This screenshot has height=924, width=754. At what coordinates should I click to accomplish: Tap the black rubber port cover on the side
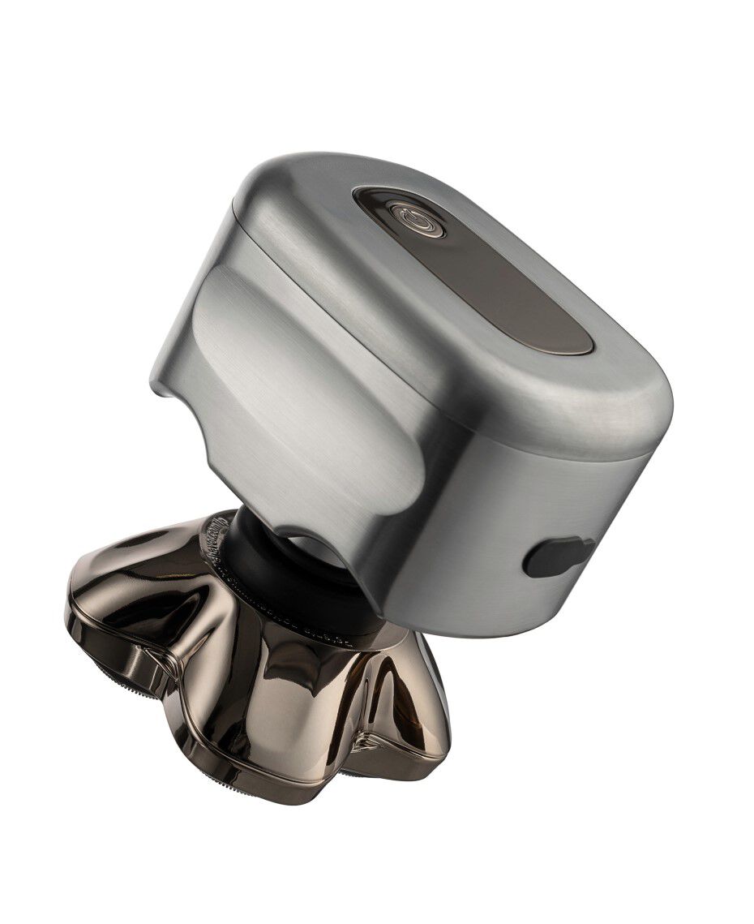tap(559, 557)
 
